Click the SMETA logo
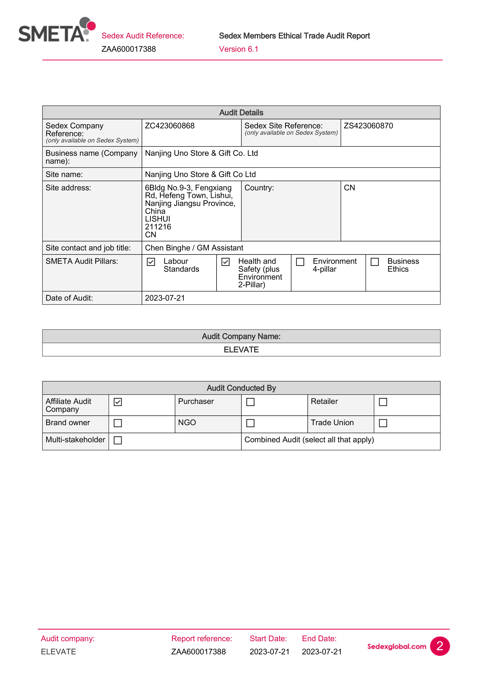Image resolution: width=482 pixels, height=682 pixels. pyautogui.click(x=56, y=30)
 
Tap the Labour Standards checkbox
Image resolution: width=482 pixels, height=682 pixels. pyautogui.click(x=151, y=262)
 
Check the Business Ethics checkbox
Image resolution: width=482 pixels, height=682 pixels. pyautogui.click(x=375, y=262)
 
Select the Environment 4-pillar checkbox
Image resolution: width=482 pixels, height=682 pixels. pyautogui.click(x=300, y=262)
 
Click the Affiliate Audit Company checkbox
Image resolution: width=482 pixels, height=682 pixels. pyautogui.click(x=118, y=402)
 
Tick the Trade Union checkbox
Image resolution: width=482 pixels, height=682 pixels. pyautogui.click(x=383, y=423)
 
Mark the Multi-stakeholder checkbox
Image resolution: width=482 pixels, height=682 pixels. pyautogui.click(x=118, y=440)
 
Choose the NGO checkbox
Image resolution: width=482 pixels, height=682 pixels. pyautogui.click(x=250, y=423)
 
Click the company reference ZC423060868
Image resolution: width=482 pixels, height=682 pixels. pyautogui.click(x=170, y=126)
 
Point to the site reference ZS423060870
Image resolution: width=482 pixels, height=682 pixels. pyautogui.click(x=368, y=126)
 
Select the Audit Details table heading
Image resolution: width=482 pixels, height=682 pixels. pyautogui.click(x=241, y=112)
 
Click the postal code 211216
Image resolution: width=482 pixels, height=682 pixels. pyautogui.click(x=158, y=227)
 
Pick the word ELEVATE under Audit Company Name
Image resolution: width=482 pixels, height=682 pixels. pyautogui.click(x=241, y=350)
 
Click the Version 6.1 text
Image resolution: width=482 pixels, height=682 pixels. pyautogui.click(x=239, y=49)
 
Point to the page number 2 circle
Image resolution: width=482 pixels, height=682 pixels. pyautogui.click(x=440, y=646)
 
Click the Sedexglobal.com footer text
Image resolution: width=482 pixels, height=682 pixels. pyautogui.click(x=397, y=646)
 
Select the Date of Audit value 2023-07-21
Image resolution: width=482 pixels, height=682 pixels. pyautogui.click(x=165, y=298)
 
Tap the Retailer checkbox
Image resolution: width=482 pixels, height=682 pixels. pyautogui.click(x=383, y=402)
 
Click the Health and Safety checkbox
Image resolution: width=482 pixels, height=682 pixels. pyautogui.click(x=226, y=262)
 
